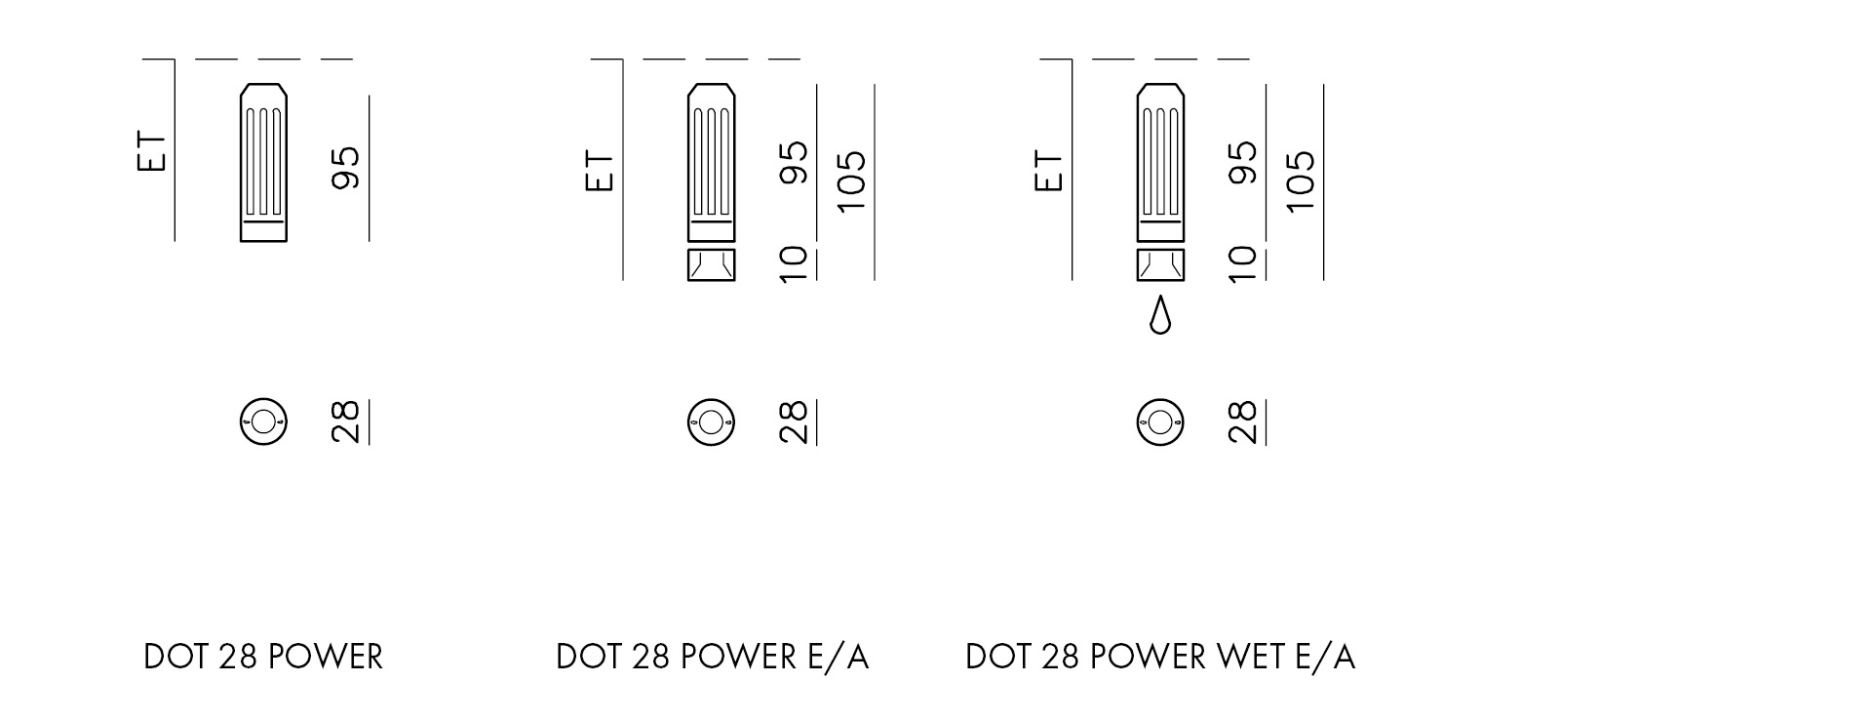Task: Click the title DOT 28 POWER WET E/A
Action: pos(1159,658)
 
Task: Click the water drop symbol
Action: pos(1159,315)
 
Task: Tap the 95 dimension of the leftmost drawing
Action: pos(346,167)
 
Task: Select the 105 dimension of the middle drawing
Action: pos(851,180)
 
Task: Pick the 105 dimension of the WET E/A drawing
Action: pos(1301,180)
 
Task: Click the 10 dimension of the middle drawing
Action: pos(795,263)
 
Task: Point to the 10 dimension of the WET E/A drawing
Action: pos(1243,263)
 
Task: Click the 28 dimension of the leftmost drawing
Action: pos(346,422)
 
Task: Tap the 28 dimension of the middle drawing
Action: pos(795,422)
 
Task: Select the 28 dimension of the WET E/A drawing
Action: pos(1243,422)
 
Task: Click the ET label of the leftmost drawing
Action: pos(152,151)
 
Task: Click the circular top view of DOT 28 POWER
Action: pos(263,422)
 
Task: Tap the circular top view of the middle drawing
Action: pos(712,422)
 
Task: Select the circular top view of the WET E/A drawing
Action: pos(1160,422)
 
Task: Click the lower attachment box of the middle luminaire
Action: pos(712,264)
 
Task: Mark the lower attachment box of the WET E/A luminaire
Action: pos(1160,264)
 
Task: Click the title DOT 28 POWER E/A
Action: pos(712,658)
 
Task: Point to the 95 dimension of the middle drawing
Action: pos(795,163)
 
